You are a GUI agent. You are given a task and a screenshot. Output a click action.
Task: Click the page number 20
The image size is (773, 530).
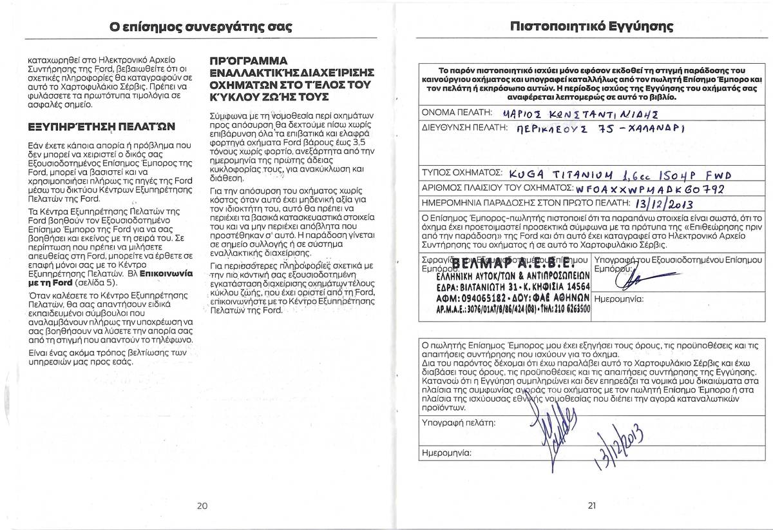[202, 505]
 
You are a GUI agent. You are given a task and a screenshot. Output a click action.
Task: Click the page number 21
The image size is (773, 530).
[592, 505]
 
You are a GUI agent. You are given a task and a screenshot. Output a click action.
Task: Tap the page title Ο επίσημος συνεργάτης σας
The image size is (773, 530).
[201, 27]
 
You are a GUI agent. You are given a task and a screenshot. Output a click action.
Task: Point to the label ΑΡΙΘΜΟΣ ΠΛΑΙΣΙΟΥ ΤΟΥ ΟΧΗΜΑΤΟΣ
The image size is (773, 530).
[497, 188]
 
